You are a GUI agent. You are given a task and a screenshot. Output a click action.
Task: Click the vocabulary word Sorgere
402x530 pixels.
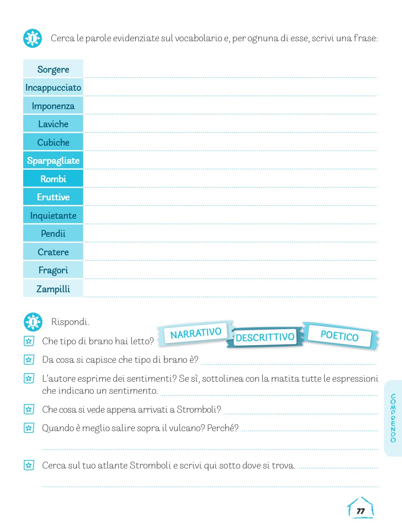[x=53, y=70]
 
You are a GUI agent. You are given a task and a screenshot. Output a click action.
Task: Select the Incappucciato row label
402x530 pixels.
[x=53, y=88]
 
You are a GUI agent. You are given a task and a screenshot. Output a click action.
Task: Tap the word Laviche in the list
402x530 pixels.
[x=53, y=124]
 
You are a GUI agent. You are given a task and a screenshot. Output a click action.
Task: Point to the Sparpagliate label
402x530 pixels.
[x=53, y=161]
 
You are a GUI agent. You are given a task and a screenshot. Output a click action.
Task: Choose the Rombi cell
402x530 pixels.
[x=53, y=179]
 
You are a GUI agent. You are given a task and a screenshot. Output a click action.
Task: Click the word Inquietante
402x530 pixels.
[x=53, y=215]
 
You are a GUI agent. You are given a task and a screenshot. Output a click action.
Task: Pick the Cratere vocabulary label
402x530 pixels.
[x=53, y=252]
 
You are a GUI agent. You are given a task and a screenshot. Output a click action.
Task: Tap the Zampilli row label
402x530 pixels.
[x=53, y=289]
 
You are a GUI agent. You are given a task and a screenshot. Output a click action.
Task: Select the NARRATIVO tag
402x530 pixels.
[x=196, y=333]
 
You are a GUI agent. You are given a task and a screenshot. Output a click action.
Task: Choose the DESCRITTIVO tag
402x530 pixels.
[x=265, y=337]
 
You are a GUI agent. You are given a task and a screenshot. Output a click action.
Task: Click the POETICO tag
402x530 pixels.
[x=340, y=336]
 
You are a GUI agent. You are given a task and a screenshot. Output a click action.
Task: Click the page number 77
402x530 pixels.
[x=360, y=511]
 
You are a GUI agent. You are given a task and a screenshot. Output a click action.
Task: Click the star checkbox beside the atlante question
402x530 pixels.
[x=29, y=465]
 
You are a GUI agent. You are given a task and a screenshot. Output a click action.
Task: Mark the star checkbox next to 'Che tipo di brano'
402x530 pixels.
[x=29, y=341]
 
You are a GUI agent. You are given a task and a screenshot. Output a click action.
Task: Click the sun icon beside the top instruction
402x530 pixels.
[x=32, y=38]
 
